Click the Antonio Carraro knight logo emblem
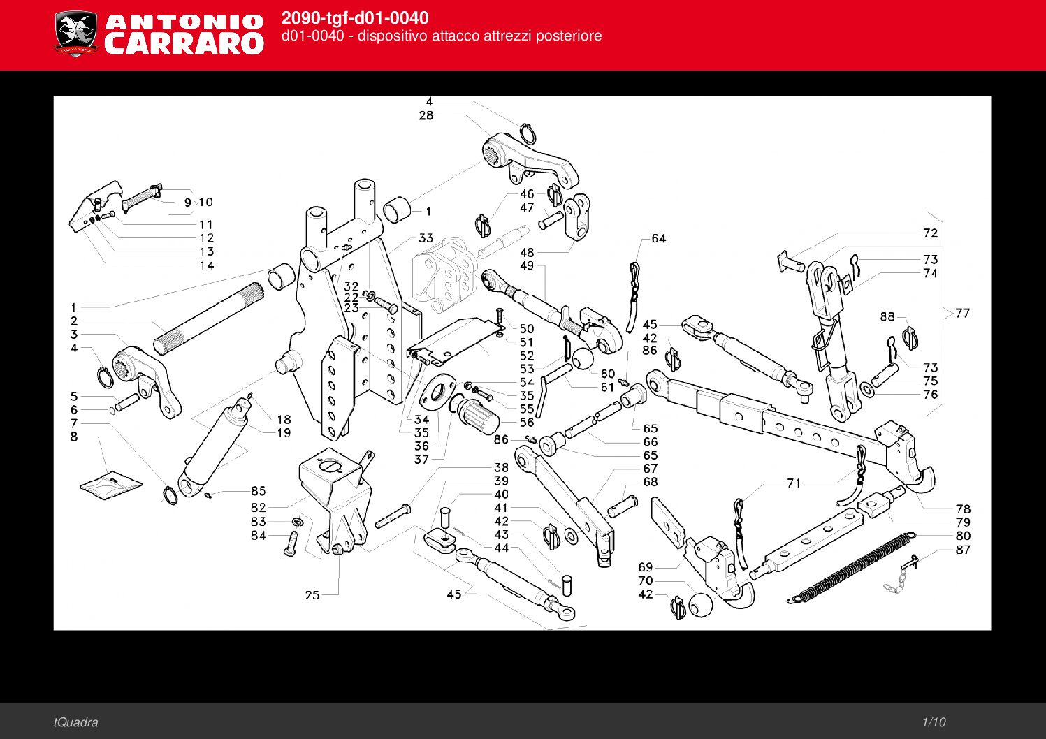coord(75,34)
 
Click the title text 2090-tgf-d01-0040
coord(355,18)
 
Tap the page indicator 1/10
coord(934,722)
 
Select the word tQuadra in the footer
coord(75,722)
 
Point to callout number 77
coord(963,313)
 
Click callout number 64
coord(658,238)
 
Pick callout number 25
coord(312,594)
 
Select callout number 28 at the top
coord(426,115)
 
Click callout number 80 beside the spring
coord(963,536)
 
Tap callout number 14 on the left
coord(206,265)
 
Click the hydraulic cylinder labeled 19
coord(213,447)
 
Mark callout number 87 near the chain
coord(963,550)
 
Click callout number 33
coord(426,238)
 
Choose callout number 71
coord(794,483)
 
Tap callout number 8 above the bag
coord(74,437)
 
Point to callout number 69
coord(645,566)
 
